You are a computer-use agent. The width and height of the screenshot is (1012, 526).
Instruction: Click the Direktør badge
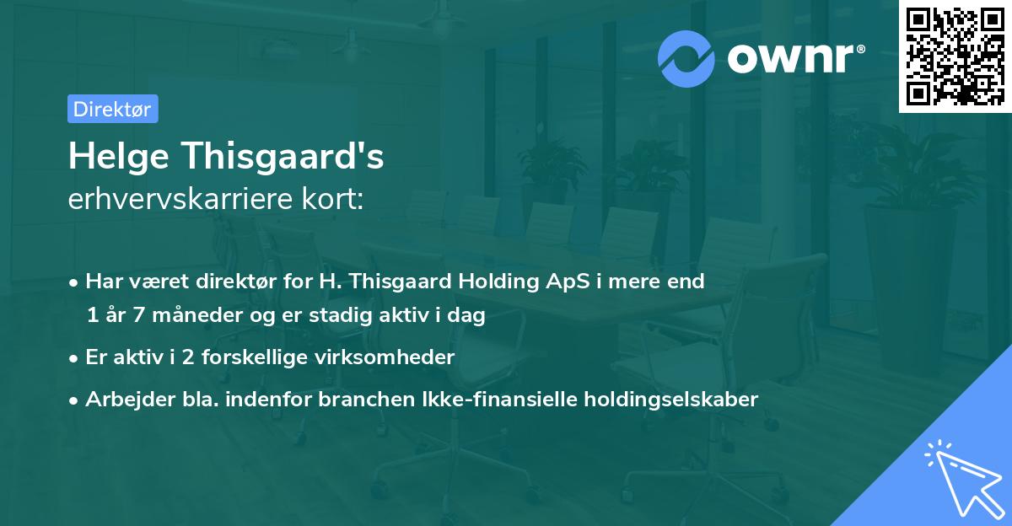tap(112, 109)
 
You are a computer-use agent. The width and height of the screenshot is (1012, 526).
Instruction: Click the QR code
tap(955, 56)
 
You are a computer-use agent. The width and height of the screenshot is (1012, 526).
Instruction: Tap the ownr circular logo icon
tap(686, 58)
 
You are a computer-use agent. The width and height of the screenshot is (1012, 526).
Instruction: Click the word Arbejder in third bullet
tap(123, 399)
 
